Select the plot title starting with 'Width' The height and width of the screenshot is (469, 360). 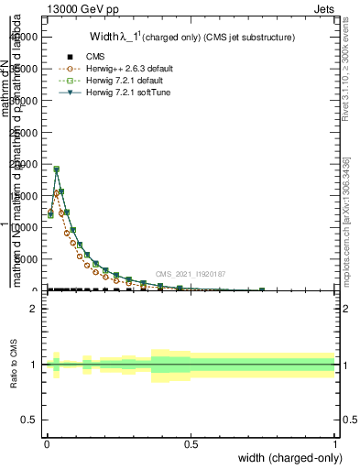coord(191,38)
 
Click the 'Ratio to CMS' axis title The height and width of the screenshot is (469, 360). coord(14,365)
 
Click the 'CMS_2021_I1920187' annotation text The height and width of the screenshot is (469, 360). coord(190,274)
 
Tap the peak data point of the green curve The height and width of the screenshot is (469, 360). coord(56,169)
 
